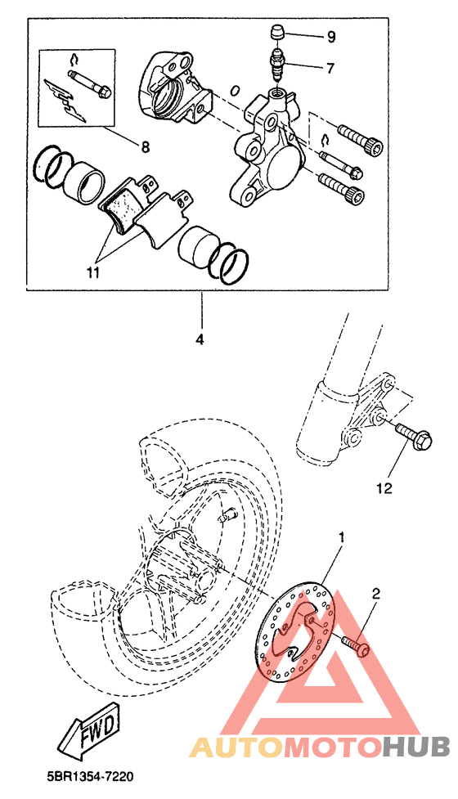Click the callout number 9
click(x=331, y=37)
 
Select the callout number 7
click(x=330, y=67)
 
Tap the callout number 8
click(x=146, y=147)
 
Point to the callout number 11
click(x=92, y=272)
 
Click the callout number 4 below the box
click(x=200, y=339)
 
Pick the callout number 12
click(x=385, y=489)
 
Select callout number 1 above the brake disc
click(x=343, y=537)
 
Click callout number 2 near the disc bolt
click(x=376, y=594)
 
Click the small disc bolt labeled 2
click(x=356, y=645)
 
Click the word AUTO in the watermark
click(x=236, y=747)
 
